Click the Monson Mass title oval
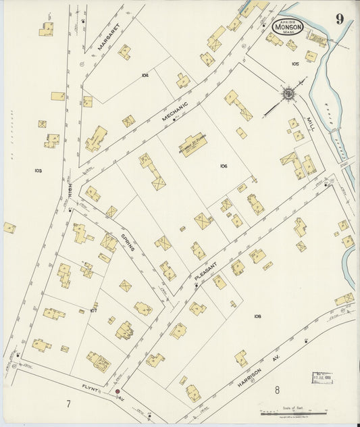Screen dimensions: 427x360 (x=288, y=27)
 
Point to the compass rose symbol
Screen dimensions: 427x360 (x=288, y=93)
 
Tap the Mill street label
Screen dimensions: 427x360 (x=310, y=124)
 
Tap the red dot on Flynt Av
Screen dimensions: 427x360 (x=118, y=391)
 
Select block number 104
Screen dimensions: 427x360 (x=145, y=75)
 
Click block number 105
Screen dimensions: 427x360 (x=295, y=64)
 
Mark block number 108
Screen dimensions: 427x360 (x=257, y=316)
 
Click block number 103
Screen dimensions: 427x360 (x=38, y=171)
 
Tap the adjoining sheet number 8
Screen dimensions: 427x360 (x=277, y=390)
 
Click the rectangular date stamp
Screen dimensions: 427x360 (x=322, y=377)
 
